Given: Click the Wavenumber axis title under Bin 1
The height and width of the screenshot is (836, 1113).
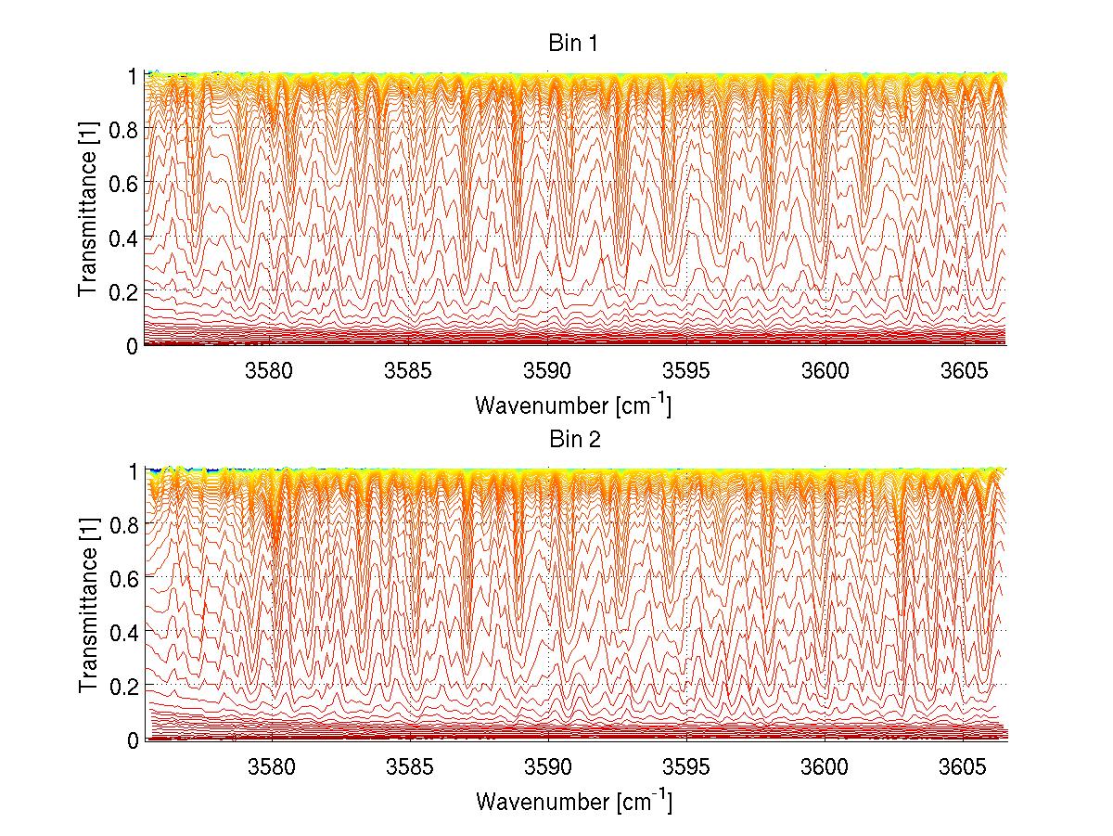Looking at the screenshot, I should point(572,405).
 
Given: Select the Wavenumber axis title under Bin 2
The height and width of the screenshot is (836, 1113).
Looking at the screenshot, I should point(572,801).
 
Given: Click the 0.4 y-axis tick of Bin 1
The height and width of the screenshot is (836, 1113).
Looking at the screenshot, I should point(125,238).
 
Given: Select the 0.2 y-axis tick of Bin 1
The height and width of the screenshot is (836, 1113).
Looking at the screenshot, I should point(125,291).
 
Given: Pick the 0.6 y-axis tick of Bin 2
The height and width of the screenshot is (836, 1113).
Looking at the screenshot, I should point(125,578).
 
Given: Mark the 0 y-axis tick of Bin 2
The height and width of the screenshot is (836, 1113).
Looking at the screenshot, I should point(134,740).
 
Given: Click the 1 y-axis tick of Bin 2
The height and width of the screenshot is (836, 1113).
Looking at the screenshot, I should point(134,470).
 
